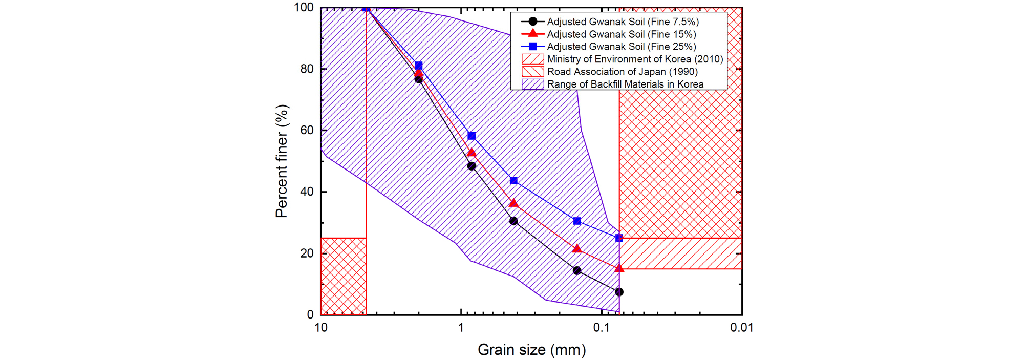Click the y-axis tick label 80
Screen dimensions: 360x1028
pyautogui.click(x=307, y=69)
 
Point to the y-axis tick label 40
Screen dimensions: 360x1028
pyautogui.click(x=307, y=192)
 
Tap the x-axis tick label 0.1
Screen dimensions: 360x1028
pyautogui.click(x=601, y=328)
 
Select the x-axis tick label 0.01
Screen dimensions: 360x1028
pyautogui.click(x=741, y=328)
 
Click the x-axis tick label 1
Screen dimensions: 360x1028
pyautogui.click(x=461, y=328)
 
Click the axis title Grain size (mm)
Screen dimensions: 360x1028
pyautogui.click(x=531, y=350)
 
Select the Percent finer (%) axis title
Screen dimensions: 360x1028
pyautogui.click(x=282, y=161)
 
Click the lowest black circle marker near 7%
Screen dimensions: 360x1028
pyautogui.click(x=619, y=292)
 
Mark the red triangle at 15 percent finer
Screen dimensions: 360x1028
pyautogui.click(x=619, y=268)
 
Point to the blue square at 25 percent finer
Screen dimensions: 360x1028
pyautogui.click(x=619, y=238)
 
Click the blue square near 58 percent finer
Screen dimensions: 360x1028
pyautogui.click(x=472, y=136)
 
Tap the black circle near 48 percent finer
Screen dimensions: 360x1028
pyautogui.click(x=472, y=166)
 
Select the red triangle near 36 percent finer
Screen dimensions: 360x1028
pyautogui.click(x=513, y=204)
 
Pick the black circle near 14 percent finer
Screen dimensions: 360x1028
pyautogui.click(x=577, y=270)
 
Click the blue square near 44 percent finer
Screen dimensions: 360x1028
pyautogui.click(x=513, y=181)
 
